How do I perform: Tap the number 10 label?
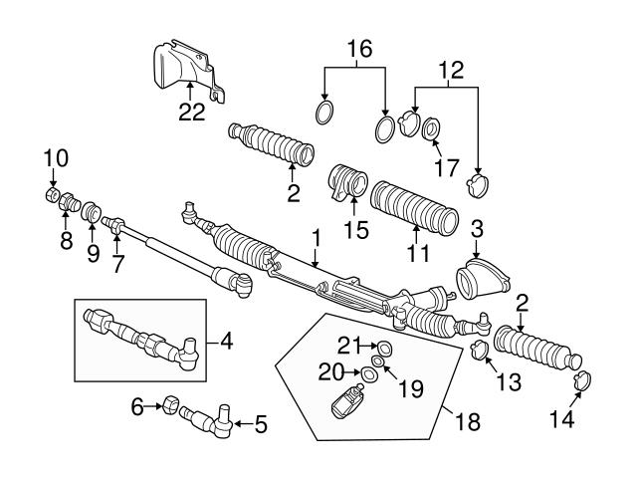57,157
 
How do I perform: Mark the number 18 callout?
465,421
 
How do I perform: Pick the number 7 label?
118,267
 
